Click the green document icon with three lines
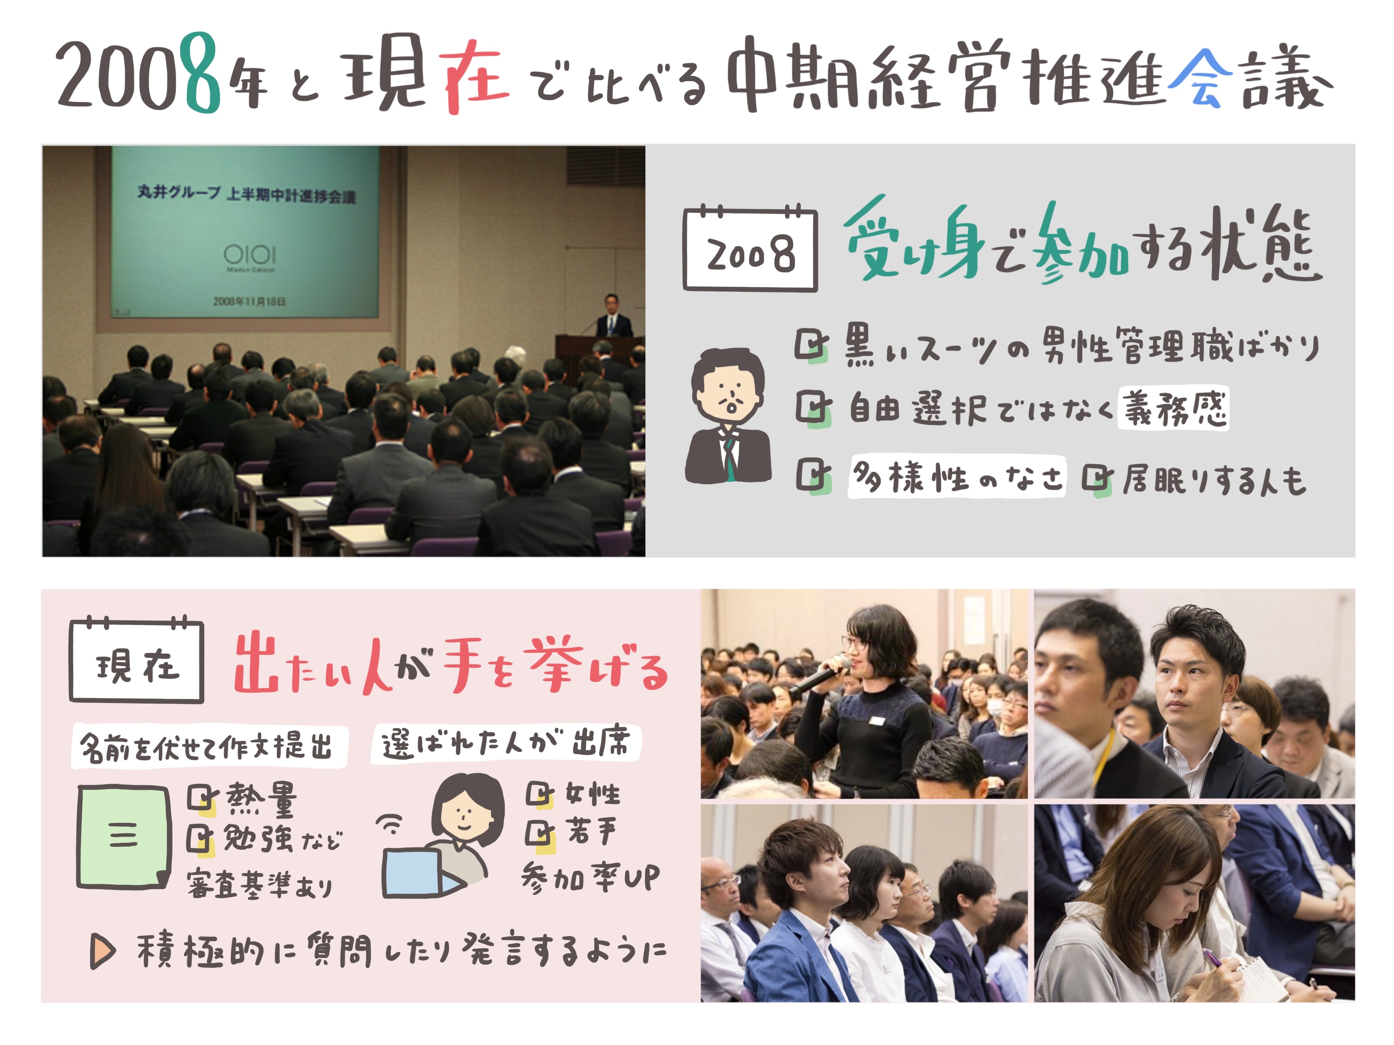point(123,836)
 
